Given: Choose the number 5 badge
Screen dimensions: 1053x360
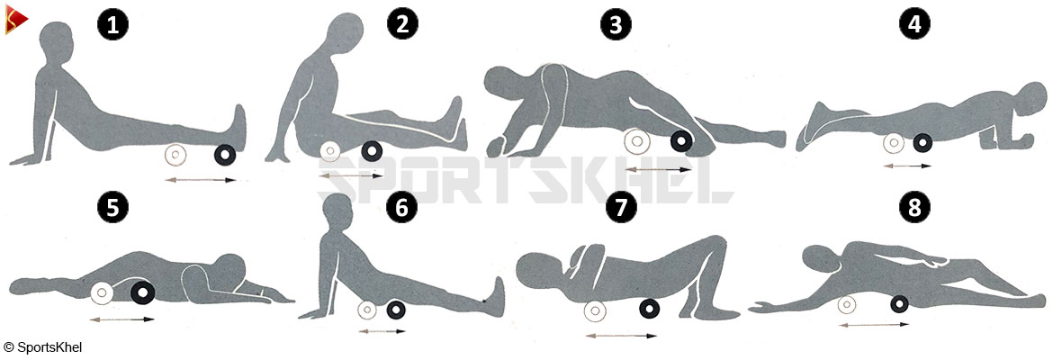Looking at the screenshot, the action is pyautogui.click(x=112, y=207).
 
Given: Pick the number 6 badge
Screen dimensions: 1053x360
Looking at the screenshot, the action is pyautogui.click(x=401, y=207).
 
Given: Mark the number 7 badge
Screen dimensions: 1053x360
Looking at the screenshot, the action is pyautogui.click(x=621, y=207).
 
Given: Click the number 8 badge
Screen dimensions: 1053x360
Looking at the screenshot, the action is pyautogui.click(x=914, y=207).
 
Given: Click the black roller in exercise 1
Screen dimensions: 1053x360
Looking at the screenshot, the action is pyautogui.click(x=223, y=155).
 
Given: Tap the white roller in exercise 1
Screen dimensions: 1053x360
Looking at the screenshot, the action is pyautogui.click(x=175, y=155).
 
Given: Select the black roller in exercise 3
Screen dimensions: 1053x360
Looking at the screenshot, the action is pyautogui.click(x=681, y=140).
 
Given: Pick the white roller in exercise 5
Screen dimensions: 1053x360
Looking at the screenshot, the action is pyautogui.click(x=102, y=292).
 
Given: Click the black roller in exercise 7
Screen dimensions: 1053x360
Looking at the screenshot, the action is pyautogui.click(x=650, y=309).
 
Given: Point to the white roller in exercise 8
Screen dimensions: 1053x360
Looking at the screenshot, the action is pyautogui.click(x=847, y=304).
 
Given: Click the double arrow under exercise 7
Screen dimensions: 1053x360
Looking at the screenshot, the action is pyautogui.click(x=621, y=335).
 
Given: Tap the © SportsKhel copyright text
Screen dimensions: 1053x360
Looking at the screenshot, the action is pyautogui.click(x=42, y=347).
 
